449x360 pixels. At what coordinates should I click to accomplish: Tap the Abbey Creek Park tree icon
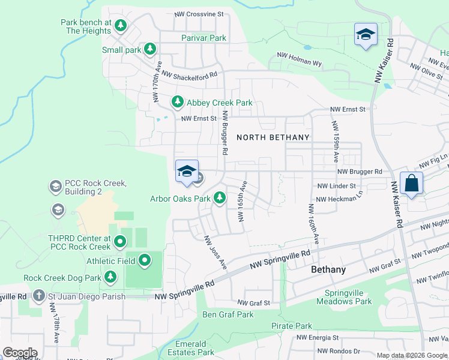coord(177,103)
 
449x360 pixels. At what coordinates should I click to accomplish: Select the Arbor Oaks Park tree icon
coord(220,197)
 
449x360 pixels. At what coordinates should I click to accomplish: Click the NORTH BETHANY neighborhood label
coord(273,137)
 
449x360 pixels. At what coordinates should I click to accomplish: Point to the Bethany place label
coord(328,270)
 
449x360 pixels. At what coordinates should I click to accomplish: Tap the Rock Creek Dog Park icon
coord(110,277)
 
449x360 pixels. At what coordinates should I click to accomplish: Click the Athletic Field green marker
coord(145,260)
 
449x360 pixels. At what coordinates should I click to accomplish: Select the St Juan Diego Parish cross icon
coord(38,296)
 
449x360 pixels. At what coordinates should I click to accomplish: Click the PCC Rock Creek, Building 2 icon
coord(55,187)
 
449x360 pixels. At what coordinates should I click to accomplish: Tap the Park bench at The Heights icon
coord(121,26)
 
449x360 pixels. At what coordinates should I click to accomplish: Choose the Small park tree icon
coord(150,50)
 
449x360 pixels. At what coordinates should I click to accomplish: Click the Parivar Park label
coord(203,38)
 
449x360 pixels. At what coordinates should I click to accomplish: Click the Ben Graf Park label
coord(228,314)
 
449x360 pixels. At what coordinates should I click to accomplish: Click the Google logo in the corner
coord(19,353)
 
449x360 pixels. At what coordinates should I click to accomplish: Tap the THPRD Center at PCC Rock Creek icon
coord(119,242)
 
